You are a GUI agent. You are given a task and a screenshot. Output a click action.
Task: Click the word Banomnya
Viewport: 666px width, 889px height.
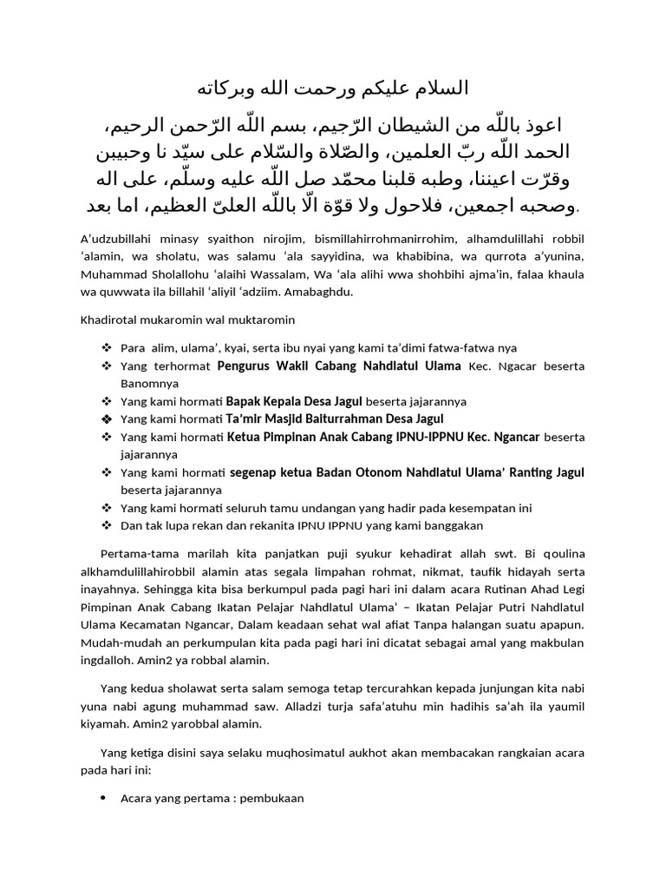point(150,383)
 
